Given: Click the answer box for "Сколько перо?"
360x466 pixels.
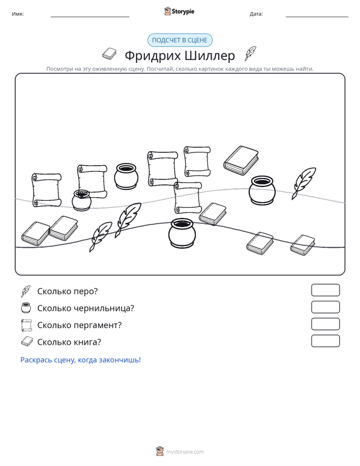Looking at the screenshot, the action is click(x=325, y=290).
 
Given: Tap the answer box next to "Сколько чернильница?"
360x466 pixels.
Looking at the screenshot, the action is click(x=325, y=307).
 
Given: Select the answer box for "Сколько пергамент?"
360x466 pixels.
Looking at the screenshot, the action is click(x=325, y=324).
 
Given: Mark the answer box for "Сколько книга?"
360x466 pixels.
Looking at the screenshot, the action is click(x=325, y=341).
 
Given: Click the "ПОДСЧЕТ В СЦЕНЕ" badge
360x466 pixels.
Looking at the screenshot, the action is click(x=180, y=40).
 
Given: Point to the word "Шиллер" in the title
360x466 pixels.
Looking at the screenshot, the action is click(x=210, y=55).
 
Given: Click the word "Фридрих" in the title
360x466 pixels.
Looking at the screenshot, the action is click(x=152, y=56).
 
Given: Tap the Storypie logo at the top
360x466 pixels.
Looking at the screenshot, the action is click(x=179, y=11).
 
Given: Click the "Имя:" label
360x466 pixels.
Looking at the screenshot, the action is click(x=18, y=14).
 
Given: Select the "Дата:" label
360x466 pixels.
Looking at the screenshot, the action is click(x=256, y=14).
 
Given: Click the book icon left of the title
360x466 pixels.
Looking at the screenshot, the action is click(x=109, y=53).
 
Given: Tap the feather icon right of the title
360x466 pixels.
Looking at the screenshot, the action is click(x=251, y=53).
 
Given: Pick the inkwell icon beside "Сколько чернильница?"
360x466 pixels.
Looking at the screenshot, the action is click(x=26, y=308).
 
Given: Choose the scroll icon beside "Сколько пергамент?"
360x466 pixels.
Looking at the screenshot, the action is click(x=27, y=325).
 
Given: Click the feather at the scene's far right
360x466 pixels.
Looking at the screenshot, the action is click(x=303, y=183).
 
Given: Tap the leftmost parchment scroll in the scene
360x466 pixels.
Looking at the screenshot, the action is click(x=46, y=190).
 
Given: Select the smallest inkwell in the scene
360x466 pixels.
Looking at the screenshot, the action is click(x=81, y=200).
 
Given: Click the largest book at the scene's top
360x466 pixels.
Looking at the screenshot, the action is click(x=241, y=160).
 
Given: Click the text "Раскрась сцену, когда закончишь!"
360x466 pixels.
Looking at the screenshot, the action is click(x=81, y=360).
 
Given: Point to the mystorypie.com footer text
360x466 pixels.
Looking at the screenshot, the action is click(x=185, y=452).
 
